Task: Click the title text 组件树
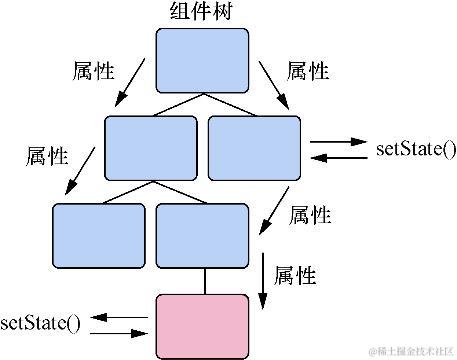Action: click(203, 12)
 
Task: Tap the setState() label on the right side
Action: click(415, 151)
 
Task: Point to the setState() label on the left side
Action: click(40, 322)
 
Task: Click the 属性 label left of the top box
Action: click(93, 71)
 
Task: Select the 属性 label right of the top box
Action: click(308, 71)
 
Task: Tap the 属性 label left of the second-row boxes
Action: click(46, 156)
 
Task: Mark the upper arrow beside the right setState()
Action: click(338, 143)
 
